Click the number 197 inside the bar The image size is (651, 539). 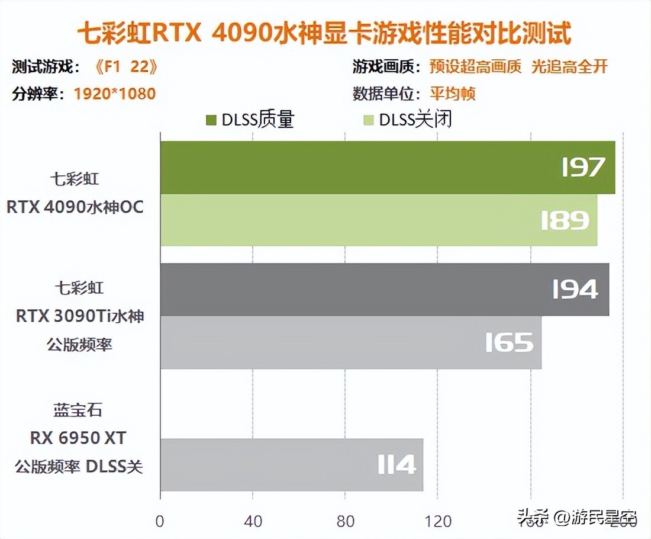click(584, 168)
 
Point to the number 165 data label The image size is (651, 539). click(509, 342)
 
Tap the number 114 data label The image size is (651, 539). click(397, 465)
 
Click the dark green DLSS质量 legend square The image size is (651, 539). click(211, 120)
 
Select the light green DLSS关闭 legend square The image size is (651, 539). click(369, 120)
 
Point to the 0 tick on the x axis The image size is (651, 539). click(160, 521)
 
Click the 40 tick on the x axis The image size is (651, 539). click(253, 521)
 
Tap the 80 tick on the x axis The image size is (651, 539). click(346, 521)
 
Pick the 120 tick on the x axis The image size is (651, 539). click(439, 521)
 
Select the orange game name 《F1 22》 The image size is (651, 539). click(126, 66)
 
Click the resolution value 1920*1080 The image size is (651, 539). click(115, 94)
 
